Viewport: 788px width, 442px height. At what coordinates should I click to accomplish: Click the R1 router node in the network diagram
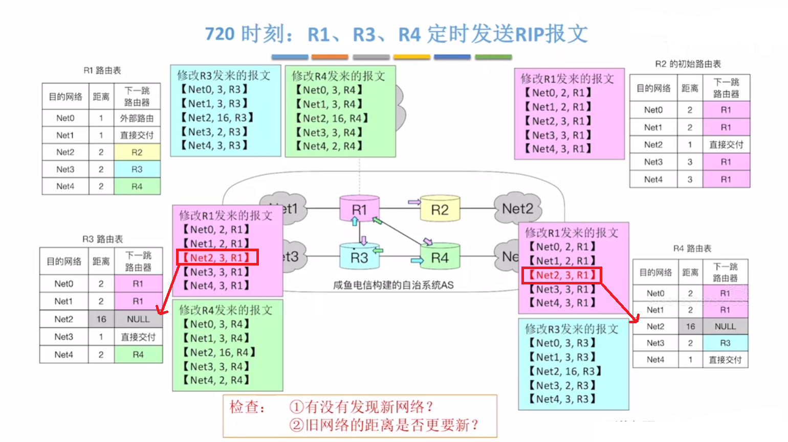click(x=360, y=209)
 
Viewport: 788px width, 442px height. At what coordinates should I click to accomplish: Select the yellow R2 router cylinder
click(x=440, y=209)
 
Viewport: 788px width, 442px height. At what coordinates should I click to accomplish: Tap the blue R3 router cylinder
click(x=359, y=257)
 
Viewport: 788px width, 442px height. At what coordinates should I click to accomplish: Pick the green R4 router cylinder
click(x=440, y=257)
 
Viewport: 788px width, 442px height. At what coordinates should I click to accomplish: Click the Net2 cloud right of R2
click(x=517, y=209)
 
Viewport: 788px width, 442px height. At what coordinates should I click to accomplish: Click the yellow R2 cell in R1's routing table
click(x=137, y=152)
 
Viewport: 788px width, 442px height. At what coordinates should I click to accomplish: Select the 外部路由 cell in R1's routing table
click(x=137, y=118)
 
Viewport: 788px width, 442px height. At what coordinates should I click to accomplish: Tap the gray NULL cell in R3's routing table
click(x=138, y=319)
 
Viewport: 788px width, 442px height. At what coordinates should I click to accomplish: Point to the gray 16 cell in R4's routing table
click(x=690, y=326)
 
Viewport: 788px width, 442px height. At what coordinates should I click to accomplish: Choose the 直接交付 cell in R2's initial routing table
click(x=726, y=145)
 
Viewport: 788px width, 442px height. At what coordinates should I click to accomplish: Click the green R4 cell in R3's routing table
click(x=138, y=355)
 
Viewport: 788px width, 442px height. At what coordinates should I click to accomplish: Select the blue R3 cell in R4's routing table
click(x=725, y=343)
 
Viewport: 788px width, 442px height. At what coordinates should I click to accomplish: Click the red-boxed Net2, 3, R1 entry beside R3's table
click(x=217, y=257)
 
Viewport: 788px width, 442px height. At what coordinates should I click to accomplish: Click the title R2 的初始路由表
click(x=688, y=64)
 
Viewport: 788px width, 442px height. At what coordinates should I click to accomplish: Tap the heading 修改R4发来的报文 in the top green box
click(x=338, y=76)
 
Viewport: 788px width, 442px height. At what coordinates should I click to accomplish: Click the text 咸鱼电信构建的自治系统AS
click(x=393, y=285)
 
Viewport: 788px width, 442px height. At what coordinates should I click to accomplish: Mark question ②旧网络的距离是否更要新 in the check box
click(x=384, y=425)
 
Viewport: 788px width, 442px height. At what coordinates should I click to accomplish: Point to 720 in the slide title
click(x=220, y=34)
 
